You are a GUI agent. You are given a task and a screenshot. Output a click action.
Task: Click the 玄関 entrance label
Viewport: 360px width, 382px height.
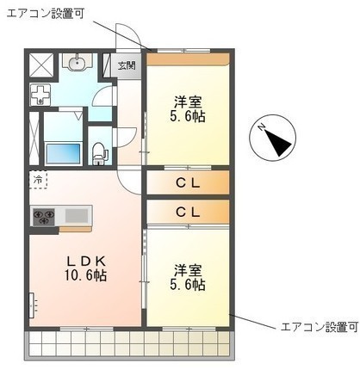pos(127,65)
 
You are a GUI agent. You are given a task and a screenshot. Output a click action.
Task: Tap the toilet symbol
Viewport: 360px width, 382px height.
pos(100,154)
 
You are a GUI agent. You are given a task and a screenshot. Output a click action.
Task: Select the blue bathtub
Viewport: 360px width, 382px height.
pos(64,153)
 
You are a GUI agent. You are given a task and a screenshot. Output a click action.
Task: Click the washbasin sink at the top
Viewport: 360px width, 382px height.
pos(77,62)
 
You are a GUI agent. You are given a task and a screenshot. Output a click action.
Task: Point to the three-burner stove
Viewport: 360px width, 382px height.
pos(44,217)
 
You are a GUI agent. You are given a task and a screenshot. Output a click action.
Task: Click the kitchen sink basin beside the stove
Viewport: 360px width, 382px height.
pos(77,215)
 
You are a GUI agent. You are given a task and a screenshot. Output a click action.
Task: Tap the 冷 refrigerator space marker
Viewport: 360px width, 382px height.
pos(38,180)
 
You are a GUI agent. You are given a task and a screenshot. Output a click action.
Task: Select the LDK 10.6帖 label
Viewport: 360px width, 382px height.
pos(86,268)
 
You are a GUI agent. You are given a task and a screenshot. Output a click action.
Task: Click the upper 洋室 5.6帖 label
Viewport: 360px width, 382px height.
pos(188,109)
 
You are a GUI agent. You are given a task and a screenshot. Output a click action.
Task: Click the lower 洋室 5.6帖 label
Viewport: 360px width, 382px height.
pos(188,277)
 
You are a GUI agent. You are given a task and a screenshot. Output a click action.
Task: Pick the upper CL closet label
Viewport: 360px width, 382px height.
pos(188,183)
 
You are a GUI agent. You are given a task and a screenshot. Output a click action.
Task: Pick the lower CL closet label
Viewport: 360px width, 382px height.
pos(188,213)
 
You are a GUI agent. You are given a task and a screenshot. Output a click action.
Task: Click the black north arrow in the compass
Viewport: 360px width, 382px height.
pos(277,142)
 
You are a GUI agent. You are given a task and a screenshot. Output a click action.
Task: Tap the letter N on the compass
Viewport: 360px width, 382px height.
pos(262,126)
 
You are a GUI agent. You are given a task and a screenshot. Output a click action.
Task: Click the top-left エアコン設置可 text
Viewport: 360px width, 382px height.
pos(46,14)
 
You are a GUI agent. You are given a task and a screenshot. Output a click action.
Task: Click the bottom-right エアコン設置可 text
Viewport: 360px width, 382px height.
pos(320,327)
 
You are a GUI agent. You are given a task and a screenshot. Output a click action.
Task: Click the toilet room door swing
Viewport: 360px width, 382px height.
pos(127,138)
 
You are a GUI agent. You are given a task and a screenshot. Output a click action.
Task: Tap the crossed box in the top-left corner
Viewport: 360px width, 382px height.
pos(41,65)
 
